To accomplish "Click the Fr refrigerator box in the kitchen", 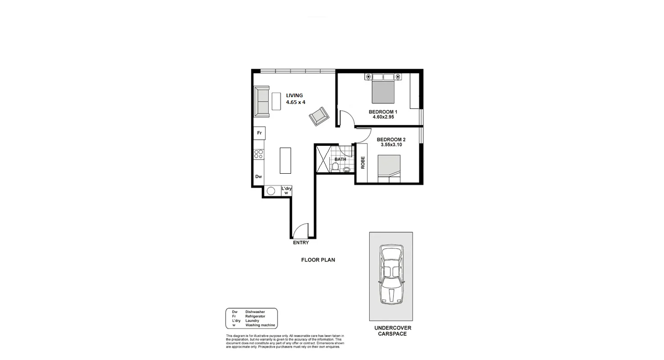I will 259,133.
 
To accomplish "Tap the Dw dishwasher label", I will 259,177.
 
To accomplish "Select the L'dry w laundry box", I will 286,191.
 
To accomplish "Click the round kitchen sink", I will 271,191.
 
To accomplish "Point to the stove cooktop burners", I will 259,155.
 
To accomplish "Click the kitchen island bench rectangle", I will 285,161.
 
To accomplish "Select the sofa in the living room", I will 261,102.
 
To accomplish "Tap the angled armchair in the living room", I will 319,117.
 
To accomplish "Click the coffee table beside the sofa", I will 276,102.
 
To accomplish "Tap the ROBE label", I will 363,163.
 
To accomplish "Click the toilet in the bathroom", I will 335,168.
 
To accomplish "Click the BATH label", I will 340,159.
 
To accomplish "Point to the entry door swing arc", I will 300,231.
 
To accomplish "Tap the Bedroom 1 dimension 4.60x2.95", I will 383,117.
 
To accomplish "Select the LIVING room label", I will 295,95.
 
